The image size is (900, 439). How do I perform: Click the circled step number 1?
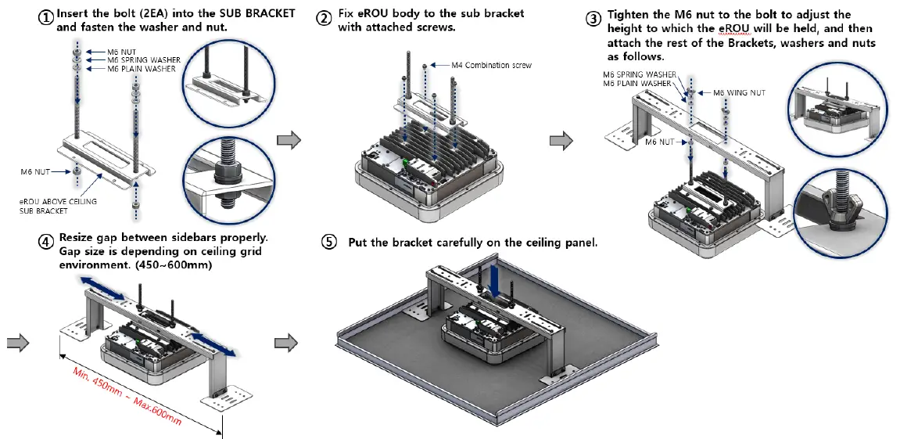point(47,16)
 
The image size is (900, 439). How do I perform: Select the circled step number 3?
point(594,16)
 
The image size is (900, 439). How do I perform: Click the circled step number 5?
point(330,243)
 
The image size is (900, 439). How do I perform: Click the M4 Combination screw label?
point(491,65)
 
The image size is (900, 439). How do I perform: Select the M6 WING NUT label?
point(739,92)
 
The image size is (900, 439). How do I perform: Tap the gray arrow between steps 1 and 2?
point(289,140)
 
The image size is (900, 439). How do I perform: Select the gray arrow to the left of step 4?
point(18,342)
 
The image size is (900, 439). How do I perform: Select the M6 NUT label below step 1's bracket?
point(36,170)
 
